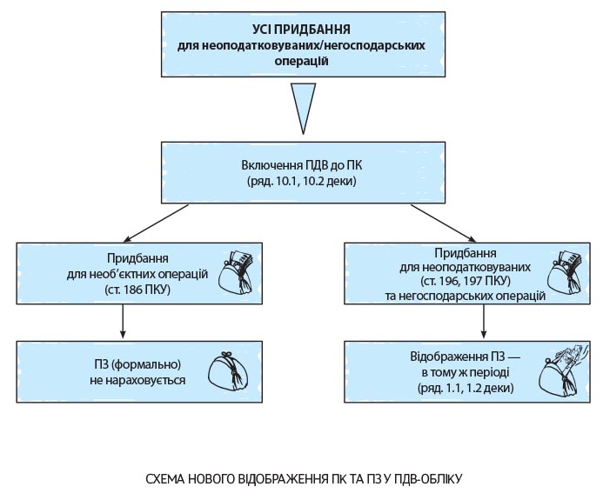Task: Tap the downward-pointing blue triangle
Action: [x=303, y=104]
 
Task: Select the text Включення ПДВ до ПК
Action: [x=301, y=165]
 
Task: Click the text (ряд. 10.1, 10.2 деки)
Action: [x=301, y=182]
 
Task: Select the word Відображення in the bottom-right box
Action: [x=444, y=357]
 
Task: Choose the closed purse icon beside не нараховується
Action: [x=228, y=371]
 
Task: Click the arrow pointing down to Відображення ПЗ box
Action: [x=482, y=326]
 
